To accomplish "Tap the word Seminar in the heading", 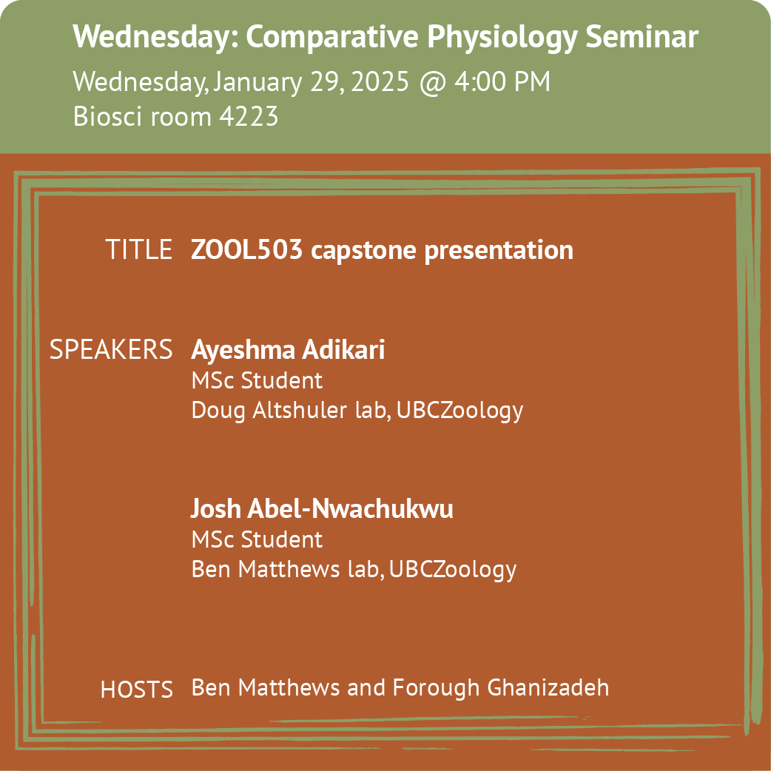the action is pos(642,36).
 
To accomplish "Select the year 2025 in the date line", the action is pos(380,81).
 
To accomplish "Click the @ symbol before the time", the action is pos(433,83).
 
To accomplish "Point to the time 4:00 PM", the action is pos(502,81).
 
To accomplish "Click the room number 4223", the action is pos(249,116).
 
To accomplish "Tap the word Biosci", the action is pos(108,116).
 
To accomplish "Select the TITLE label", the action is pos(138,249).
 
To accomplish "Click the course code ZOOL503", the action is pos(246,249).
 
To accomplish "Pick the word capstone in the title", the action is pos(363,251).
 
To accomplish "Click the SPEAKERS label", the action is pos(111,349).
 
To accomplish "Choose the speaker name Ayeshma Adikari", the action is pos(288,350).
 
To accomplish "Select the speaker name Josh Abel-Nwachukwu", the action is pos(322,508).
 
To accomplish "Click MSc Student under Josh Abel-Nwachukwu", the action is pos(257,539).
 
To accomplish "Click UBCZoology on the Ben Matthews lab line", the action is pos(452,570).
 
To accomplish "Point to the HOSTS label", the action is pos(137,690).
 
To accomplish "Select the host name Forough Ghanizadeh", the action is pos(501,688).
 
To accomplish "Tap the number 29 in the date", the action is pos(326,81).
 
